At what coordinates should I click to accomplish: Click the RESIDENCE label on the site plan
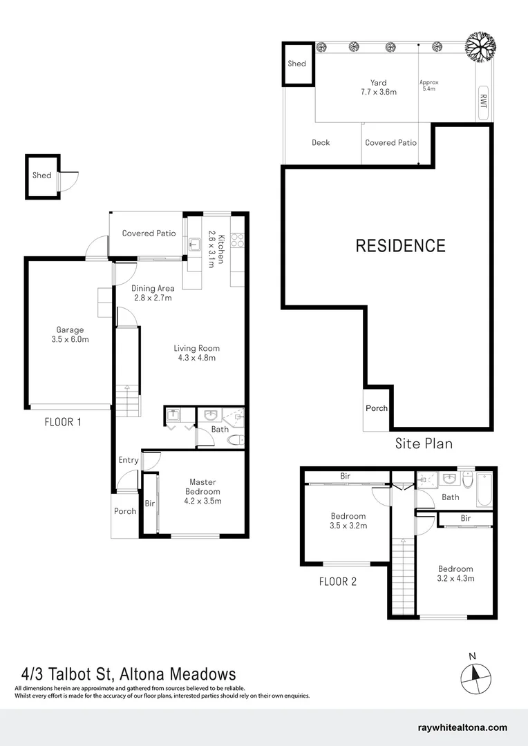400,245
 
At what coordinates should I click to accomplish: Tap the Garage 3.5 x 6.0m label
70,334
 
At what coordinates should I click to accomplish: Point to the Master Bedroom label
202,491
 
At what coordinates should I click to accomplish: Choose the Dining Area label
153,293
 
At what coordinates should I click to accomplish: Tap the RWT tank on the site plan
483,103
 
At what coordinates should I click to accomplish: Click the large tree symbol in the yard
481,48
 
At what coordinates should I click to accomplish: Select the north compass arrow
473,674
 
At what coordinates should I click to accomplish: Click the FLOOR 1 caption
63,421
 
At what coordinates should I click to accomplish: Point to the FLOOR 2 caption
338,582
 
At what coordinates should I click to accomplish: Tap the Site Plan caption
424,443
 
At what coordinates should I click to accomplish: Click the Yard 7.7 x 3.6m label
378,87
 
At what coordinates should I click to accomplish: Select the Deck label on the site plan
321,143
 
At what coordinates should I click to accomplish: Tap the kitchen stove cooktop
237,240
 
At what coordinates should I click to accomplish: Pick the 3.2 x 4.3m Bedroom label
455,573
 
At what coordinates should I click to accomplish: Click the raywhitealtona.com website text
463,727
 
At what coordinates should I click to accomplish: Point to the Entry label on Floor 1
129,460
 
